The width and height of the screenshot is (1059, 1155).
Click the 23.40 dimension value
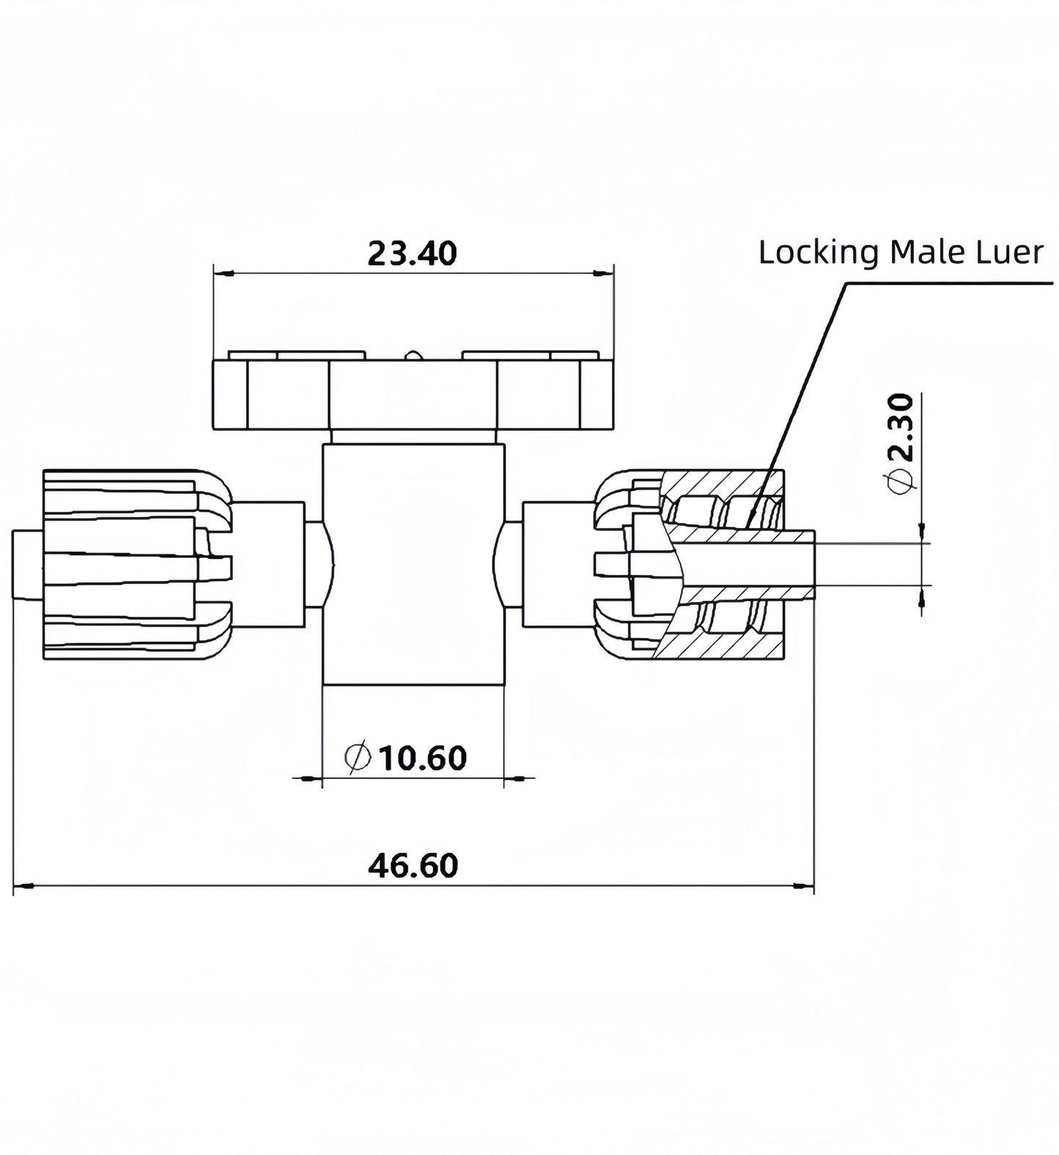tap(412, 253)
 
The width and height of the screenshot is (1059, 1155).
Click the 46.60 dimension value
tap(413, 865)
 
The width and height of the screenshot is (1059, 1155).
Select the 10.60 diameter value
tap(423, 758)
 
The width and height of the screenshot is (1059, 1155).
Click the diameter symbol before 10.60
tap(358, 758)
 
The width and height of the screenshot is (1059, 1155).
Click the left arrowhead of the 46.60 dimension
tap(23, 887)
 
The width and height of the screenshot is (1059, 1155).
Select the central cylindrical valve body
tap(413, 565)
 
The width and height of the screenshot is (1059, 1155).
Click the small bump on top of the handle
tap(413, 356)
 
